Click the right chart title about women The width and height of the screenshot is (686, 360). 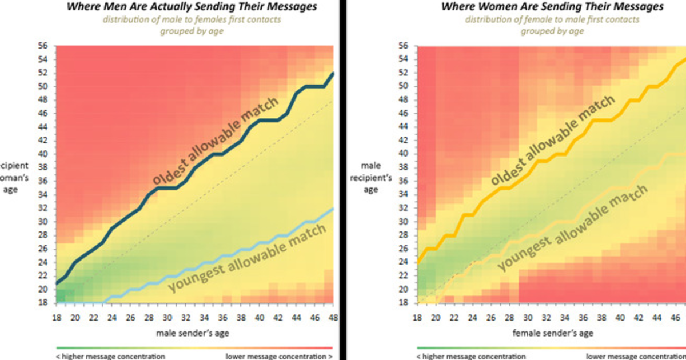[552, 7]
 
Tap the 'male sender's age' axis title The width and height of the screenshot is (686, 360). [194, 333]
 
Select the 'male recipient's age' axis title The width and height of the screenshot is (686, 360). [371, 177]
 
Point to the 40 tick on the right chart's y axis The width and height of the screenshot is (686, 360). [403, 154]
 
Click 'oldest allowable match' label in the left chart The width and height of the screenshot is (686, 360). [216, 141]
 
